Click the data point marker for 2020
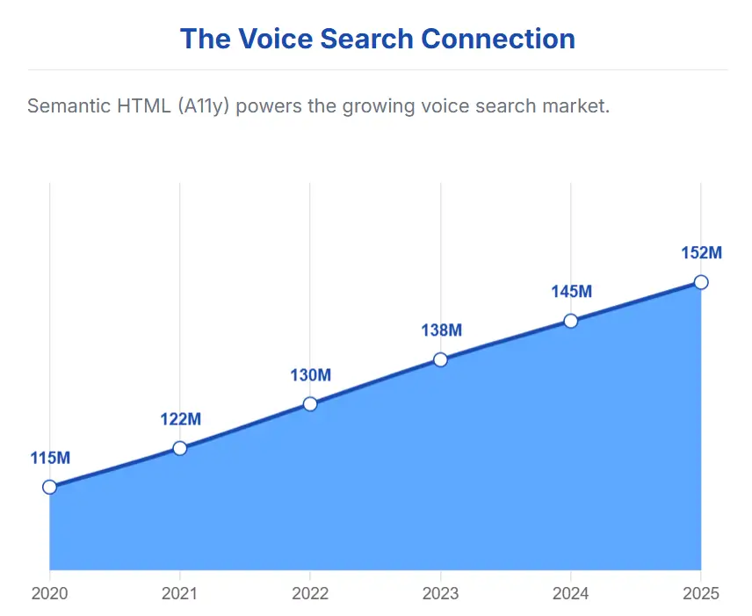coord(50,487)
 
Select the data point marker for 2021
coord(180,448)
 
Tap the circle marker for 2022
coord(310,404)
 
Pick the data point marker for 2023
coord(440,359)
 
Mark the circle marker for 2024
coord(571,321)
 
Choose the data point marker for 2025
coord(701,282)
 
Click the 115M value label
coord(50,458)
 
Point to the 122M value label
coord(180,419)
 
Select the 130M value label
coord(310,375)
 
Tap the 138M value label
coord(440,330)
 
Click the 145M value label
coord(571,292)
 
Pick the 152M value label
coord(701,253)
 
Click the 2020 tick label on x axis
coord(50,593)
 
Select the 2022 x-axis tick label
coord(310,593)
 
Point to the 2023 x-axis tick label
coord(440,593)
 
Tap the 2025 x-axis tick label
coord(700,593)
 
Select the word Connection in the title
coord(498,39)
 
